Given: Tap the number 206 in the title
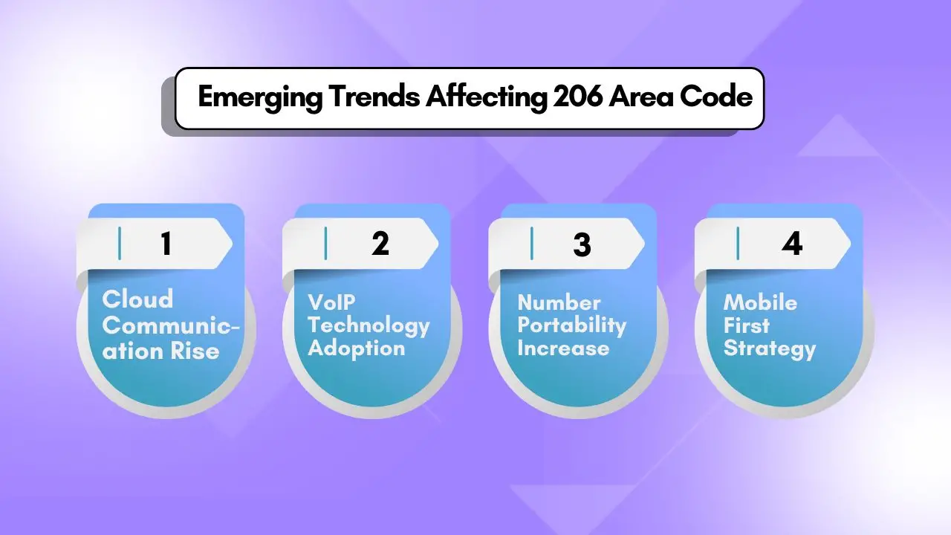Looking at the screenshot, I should pos(577,98).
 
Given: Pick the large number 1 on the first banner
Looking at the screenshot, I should pos(166,244).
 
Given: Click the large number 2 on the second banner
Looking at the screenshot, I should pos(380,244).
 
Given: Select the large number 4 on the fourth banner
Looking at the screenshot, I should pos(793,244).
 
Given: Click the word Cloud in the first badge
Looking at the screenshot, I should pos(137,299).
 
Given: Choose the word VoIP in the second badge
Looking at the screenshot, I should pos(331,302).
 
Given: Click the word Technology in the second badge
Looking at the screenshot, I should pos(369,325).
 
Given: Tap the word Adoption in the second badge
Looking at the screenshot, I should pos(356,348).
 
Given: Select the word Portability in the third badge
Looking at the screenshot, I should pos(571,325).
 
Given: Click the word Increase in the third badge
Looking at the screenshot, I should pos(563,348).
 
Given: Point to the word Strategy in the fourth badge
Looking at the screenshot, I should pos(770,348).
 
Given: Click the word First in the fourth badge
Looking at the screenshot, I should pos(747,325).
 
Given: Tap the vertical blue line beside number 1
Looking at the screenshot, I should pos(120,244).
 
